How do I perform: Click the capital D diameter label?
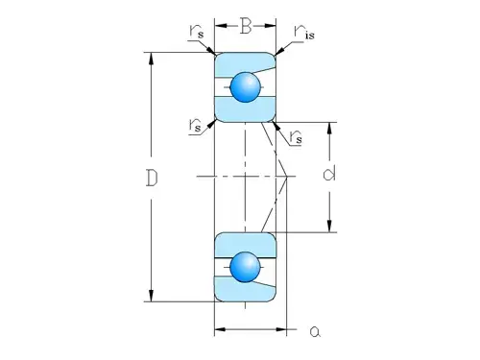click(x=152, y=179)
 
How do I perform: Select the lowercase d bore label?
click(x=329, y=175)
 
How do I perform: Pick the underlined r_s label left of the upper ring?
click(x=195, y=126)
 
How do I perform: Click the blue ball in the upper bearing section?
click(x=245, y=87)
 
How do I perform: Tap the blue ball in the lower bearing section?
click(x=245, y=266)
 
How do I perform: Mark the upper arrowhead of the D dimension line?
click(x=151, y=57)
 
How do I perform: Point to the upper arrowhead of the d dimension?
click(x=330, y=127)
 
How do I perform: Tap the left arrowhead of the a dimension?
click(x=218, y=331)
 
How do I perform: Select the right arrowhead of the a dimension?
click(x=283, y=331)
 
